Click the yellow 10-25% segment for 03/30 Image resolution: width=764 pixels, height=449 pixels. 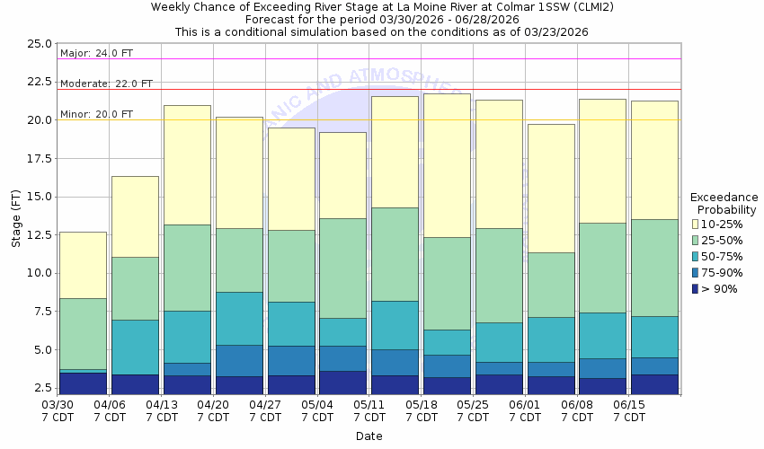83,265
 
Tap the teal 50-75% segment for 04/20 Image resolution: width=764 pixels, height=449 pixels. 239,318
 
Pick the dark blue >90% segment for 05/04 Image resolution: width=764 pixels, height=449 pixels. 342,382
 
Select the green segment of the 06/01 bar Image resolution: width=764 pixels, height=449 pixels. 550,285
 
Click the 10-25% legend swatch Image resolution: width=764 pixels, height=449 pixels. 696,223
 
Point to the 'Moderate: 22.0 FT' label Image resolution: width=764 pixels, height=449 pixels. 106,84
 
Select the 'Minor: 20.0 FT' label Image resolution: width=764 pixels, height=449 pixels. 96,114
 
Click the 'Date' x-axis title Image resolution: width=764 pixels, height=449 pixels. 369,436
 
